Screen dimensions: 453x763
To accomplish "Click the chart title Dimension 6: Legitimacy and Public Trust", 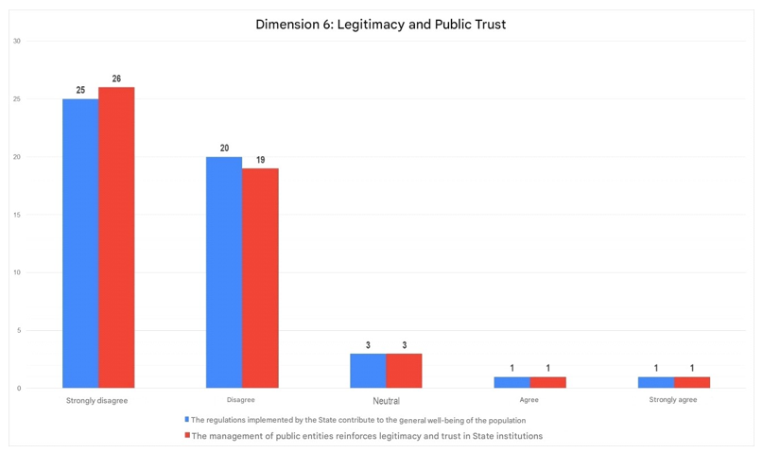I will (381, 25).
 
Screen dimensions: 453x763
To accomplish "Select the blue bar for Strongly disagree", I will (80, 243).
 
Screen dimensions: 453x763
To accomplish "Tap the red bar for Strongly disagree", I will (116, 237).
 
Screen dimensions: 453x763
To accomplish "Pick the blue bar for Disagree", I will (224, 272).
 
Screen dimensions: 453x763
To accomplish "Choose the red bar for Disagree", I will (260, 278).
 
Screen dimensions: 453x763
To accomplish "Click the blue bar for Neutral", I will (368, 371).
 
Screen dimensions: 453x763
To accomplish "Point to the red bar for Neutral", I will (404, 371).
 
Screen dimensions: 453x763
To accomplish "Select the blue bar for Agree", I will (512, 382).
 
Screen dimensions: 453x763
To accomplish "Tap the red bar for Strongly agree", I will (692, 382).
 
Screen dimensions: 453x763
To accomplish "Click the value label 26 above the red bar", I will (116, 78).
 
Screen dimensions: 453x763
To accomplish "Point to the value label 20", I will (224, 148).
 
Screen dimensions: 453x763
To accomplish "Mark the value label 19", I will (260, 160).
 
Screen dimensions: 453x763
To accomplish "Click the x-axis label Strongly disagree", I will (96, 400).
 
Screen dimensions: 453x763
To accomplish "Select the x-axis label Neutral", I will (386, 401).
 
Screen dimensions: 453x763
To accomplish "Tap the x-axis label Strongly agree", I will (673, 400).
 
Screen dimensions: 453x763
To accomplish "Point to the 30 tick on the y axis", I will (17, 41).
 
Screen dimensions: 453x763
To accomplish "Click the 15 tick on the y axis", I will (17, 215).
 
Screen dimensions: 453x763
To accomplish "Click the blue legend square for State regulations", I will (187, 420).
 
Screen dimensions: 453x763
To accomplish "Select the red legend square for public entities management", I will (187, 436).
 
